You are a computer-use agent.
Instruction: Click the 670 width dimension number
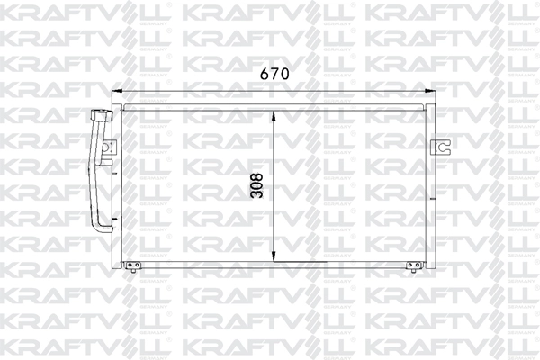coord(274,75)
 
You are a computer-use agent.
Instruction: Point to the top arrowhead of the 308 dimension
coord(274,112)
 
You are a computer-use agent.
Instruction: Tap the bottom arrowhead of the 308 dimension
coord(274,257)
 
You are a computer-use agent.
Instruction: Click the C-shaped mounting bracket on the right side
coord(440,147)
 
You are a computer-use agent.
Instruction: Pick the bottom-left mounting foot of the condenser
coord(132,265)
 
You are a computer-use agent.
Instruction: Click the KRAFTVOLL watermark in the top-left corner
coord(45,16)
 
